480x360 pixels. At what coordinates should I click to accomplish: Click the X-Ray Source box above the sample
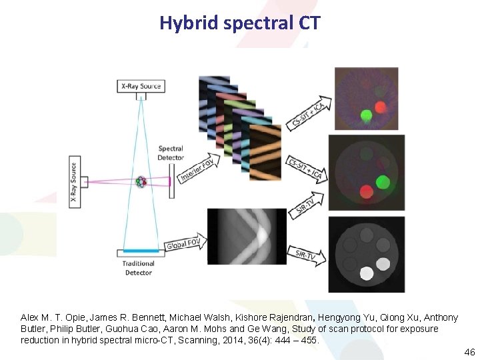click(x=141, y=86)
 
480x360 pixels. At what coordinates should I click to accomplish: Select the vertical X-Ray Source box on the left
click(x=73, y=182)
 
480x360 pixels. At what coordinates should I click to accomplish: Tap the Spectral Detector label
click(x=171, y=153)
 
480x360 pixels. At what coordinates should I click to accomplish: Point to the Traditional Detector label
click(x=139, y=267)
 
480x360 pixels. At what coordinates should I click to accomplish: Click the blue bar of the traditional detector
click(x=141, y=250)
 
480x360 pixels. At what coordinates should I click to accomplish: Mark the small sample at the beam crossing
click(x=141, y=181)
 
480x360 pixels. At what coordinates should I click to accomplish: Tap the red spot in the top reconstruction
click(x=381, y=107)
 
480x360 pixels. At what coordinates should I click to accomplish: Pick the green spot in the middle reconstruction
click(x=382, y=181)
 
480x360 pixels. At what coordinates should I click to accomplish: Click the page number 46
click(x=469, y=351)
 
